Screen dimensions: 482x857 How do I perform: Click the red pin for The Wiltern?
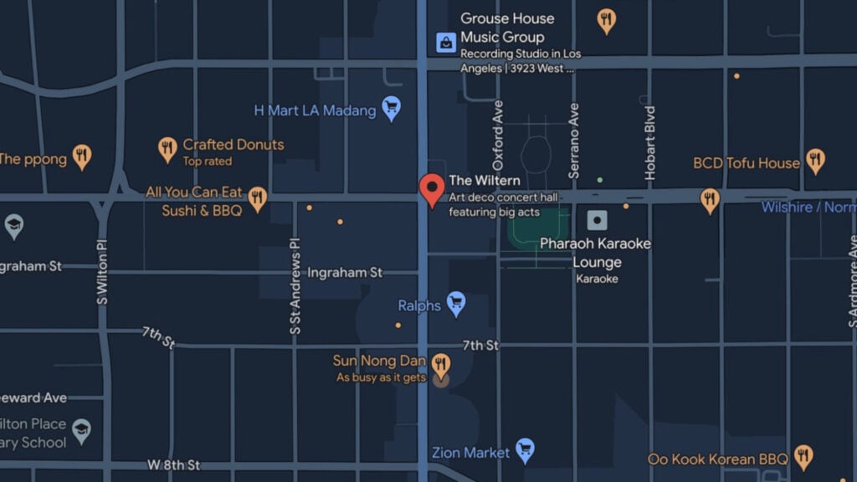tap(432, 188)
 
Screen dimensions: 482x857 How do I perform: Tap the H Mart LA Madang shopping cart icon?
tap(391, 107)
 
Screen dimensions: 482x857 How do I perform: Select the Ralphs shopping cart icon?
tap(455, 303)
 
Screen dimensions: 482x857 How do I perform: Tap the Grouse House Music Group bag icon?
tap(446, 41)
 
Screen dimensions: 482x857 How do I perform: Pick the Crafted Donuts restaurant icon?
tap(167, 150)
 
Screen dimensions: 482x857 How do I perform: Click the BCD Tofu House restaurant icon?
tap(815, 160)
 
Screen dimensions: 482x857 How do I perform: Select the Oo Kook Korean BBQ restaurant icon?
tap(803, 457)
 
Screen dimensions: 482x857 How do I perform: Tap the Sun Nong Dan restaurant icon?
tap(440, 364)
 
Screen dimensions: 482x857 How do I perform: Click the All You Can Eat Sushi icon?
tap(257, 198)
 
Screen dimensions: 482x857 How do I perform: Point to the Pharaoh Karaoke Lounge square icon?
tap(597, 221)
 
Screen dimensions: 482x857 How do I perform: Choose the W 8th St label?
tap(174, 464)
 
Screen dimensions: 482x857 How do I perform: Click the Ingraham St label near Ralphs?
tap(345, 273)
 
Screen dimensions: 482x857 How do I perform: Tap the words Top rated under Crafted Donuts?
tap(208, 162)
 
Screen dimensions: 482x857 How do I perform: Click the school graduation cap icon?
tap(81, 430)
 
